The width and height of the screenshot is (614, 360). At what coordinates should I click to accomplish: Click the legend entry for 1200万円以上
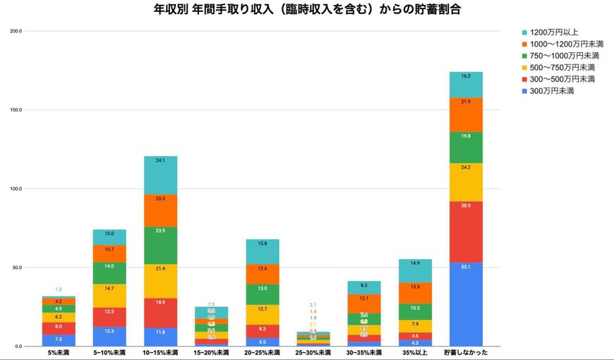click(x=554, y=32)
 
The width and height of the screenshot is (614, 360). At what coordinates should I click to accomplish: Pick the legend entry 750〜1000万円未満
click(x=563, y=56)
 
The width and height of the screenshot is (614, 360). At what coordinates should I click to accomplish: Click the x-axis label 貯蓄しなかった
click(x=466, y=352)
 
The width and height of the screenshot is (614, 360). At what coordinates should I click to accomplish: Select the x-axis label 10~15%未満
click(x=160, y=352)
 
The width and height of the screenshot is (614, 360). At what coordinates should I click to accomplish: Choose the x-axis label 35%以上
click(x=414, y=352)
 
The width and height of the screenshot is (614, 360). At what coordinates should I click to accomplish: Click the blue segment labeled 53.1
click(x=466, y=304)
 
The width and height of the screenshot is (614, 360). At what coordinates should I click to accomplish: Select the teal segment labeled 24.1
click(x=160, y=175)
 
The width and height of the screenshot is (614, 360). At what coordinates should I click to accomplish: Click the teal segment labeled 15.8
click(x=262, y=251)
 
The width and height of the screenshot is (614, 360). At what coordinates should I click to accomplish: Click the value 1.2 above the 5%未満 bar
click(x=59, y=289)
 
